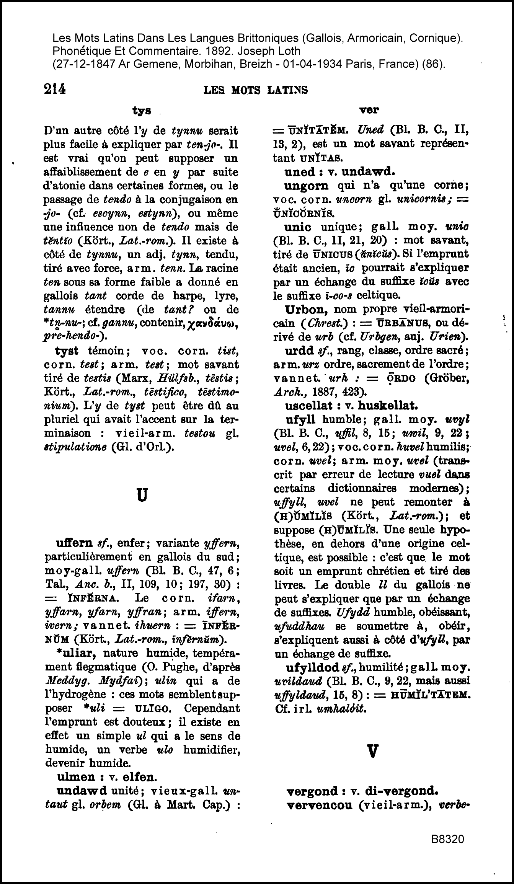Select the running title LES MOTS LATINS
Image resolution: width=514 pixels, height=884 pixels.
[x=256, y=90]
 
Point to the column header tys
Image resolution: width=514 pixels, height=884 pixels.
[x=142, y=111]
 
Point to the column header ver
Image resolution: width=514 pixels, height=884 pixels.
[x=369, y=110]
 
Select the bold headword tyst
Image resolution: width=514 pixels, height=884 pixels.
[x=67, y=351]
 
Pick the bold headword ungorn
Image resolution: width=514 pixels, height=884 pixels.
[x=307, y=186]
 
